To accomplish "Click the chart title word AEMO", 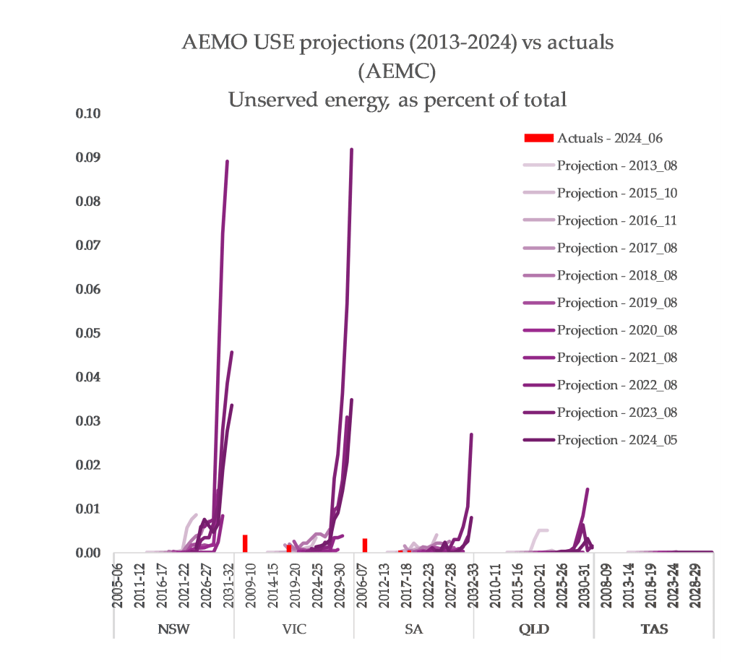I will coord(210,43).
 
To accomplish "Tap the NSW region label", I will coord(173,629).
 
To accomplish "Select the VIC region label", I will coord(294,629).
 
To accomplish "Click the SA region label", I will coord(414,629).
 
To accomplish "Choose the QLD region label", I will coord(534,629).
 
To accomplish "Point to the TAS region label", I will coord(654,629).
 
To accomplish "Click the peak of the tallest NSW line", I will coord(227,161).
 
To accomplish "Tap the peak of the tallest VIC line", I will coord(351,150).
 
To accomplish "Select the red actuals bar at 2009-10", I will coord(245,543).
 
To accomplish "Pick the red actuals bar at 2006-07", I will coord(365,545).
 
